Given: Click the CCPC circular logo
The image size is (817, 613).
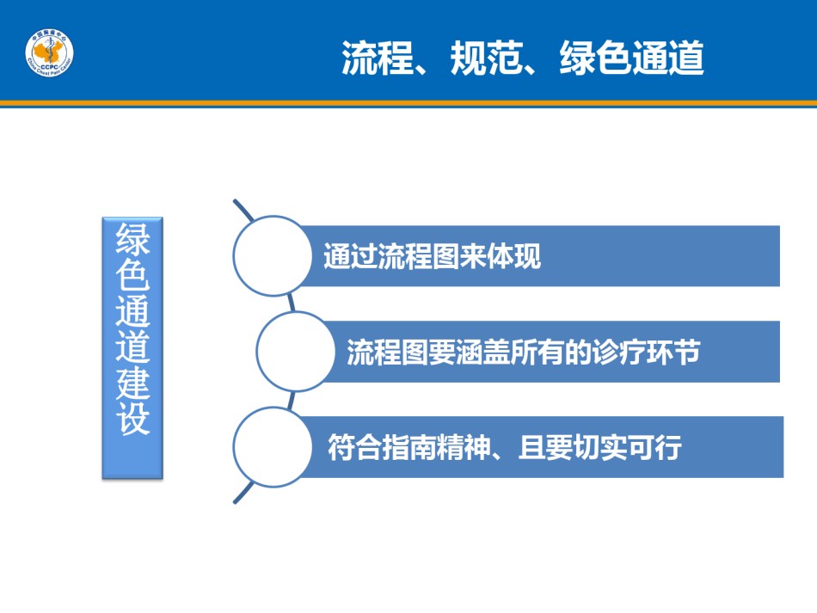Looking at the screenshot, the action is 50,52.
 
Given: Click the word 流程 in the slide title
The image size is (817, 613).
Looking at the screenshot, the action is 378,58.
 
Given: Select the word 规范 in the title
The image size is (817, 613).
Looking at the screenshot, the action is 487,58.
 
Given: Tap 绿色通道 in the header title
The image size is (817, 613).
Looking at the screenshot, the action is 631,58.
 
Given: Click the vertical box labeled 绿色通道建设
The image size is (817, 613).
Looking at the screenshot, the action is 132,347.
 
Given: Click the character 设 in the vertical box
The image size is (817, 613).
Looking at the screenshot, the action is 132,418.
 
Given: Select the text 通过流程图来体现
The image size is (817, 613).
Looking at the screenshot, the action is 432,255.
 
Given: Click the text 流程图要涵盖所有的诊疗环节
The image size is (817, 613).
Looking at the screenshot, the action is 523,352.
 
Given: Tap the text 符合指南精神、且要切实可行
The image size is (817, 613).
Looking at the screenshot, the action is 504,447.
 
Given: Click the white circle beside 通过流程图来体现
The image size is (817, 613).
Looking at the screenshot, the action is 273,255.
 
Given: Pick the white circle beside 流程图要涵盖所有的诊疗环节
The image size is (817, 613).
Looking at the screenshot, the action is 296,352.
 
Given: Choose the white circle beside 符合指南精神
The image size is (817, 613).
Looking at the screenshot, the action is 273,447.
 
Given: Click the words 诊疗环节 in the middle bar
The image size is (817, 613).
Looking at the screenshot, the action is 646,352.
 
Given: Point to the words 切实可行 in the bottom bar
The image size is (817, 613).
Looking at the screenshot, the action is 627,447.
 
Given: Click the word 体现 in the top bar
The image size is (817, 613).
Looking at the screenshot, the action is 513,255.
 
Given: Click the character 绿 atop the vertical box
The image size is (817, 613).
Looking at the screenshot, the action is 132,238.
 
